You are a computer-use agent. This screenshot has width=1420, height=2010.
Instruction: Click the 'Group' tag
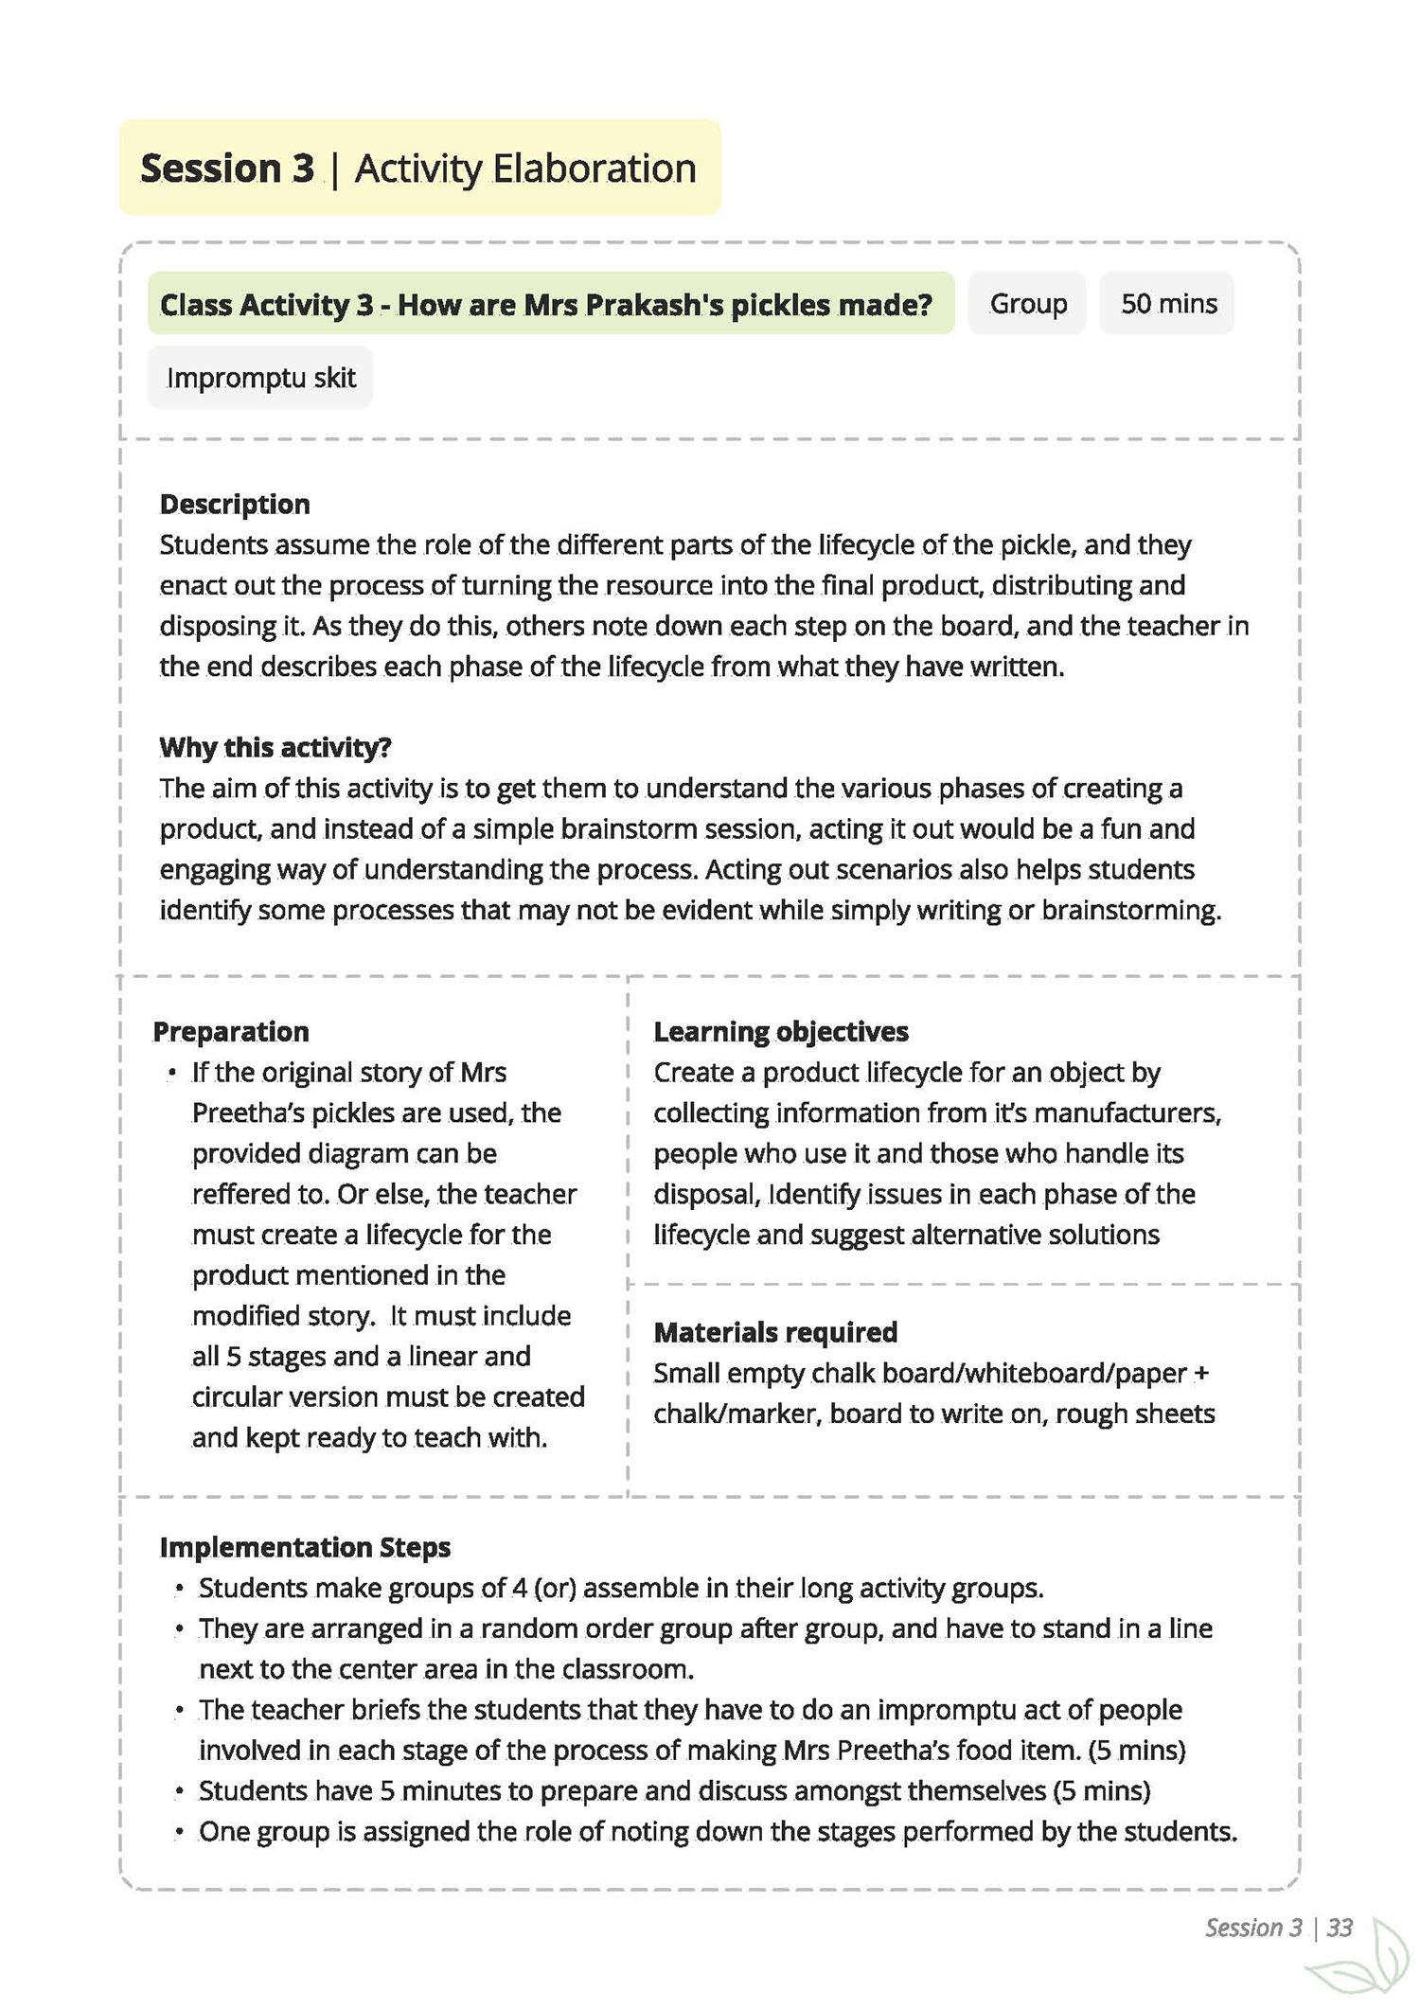[x=1027, y=304]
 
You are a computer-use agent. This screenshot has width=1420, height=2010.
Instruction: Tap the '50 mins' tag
[x=1168, y=304]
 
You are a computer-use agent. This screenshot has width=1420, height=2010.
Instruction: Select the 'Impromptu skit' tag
[x=260, y=378]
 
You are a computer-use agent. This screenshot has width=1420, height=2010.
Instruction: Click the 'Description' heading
[x=235, y=505]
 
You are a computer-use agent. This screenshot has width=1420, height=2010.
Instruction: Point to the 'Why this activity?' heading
[x=275, y=748]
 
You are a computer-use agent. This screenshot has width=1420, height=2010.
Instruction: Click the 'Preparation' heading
[x=231, y=1032]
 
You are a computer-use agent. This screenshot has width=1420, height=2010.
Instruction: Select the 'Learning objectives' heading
[x=781, y=1032]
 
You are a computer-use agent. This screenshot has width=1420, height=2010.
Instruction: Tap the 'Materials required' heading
[x=775, y=1333]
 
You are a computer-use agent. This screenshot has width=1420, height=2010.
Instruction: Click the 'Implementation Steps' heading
[x=305, y=1548]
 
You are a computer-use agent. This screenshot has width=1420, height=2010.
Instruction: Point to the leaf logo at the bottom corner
[x=1363, y=1965]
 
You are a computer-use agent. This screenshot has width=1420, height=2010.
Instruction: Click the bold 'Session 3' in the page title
[x=227, y=169]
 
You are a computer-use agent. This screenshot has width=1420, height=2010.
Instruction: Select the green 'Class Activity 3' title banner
[x=546, y=305]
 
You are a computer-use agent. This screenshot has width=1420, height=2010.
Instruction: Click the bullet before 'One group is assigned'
[x=180, y=1833]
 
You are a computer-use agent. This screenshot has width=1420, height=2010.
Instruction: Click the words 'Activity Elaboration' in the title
[x=525, y=169]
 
